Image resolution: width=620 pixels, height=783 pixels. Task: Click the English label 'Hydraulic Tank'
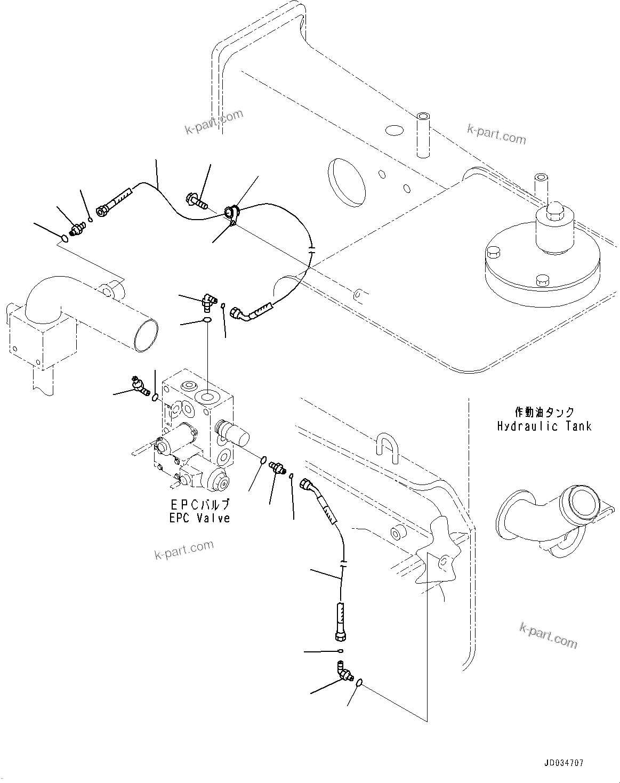pos(544,426)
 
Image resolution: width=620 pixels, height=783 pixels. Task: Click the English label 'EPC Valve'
pos(200,518)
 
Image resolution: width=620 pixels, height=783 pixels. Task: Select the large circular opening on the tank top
pos(347,181)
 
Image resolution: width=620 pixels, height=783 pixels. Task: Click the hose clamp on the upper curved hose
pos(232,213)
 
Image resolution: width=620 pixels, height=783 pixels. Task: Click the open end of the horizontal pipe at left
pos(147,336)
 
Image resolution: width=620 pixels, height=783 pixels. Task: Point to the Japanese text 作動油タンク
pos(544,412)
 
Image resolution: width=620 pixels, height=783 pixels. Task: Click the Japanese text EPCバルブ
pos(200,504)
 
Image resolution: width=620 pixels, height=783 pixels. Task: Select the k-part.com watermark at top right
pos(496,134)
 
